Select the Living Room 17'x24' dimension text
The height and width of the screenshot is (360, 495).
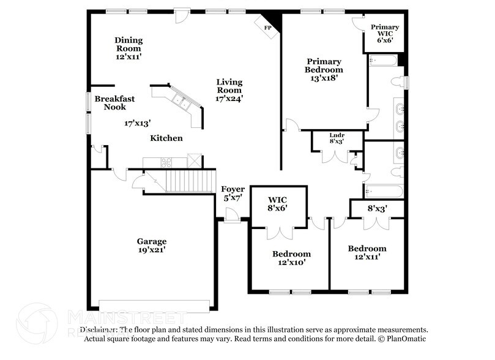(x=229, y=98)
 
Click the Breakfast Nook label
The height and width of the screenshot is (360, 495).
(x=110, y=102)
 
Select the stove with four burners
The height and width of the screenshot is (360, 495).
(x=166, y=162)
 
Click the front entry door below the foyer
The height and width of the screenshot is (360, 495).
(x=231, y=216)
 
